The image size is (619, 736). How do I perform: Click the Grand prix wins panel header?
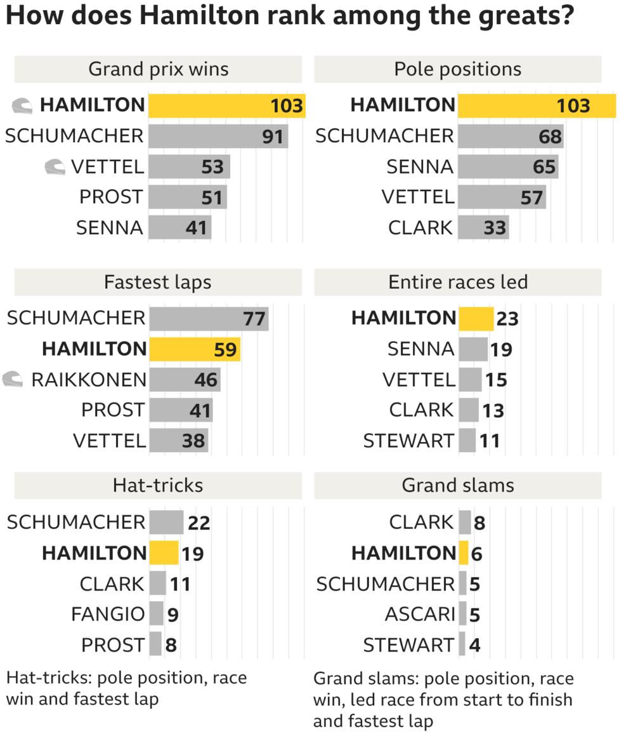tap(158, 69)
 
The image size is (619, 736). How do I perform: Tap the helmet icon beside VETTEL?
tap(55, 167)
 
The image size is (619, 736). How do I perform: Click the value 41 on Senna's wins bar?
tap(196, 227)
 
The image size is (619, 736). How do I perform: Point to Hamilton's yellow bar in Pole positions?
tap(536, 105)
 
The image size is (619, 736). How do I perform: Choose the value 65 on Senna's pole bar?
tap(544, 167)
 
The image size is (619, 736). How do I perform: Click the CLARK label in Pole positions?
tap(421, 227)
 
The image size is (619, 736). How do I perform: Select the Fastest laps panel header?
tap(158, 282)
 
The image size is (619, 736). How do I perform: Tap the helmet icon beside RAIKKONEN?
tap(13, 379)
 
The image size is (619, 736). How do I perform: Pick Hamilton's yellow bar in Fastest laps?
tap(194, 349)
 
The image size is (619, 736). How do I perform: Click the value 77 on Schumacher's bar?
tap(254, 318)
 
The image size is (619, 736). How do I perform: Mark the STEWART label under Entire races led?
tap(408, 440)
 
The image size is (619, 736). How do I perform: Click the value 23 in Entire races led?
tap(507, 318)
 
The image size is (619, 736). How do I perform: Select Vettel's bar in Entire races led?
tap(470, 380)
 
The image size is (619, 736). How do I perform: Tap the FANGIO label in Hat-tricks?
tap(108, 614)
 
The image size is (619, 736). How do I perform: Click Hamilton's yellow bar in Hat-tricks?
tap(164, 553)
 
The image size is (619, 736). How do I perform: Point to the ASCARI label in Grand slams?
tap(420, 614)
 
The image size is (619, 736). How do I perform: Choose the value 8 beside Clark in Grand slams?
tap(479, 523)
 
